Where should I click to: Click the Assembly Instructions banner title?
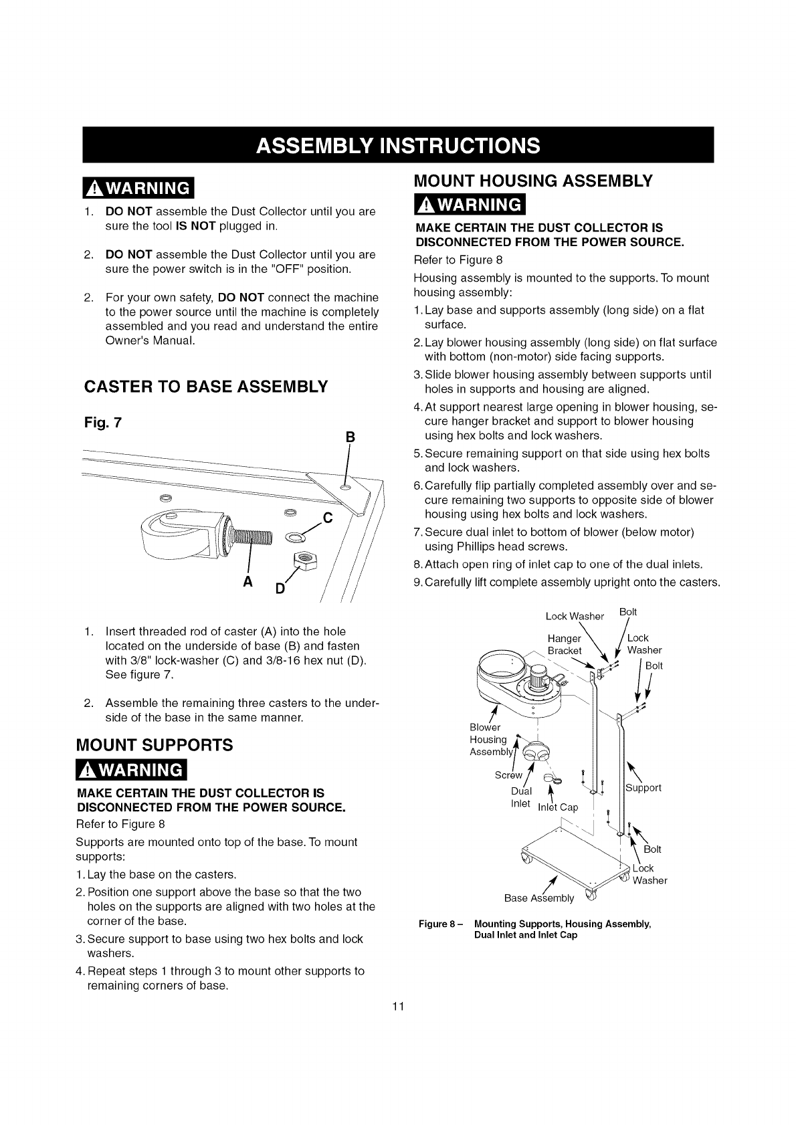tap(398, 145)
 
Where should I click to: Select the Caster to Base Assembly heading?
tap(205, 387)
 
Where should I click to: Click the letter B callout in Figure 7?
tap(349, 438)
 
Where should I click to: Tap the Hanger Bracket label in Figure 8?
tap(565, 645)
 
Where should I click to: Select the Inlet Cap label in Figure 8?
tap(558, 807)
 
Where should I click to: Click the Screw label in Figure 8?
tap(508, 775)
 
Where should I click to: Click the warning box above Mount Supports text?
tap(132, 771)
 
